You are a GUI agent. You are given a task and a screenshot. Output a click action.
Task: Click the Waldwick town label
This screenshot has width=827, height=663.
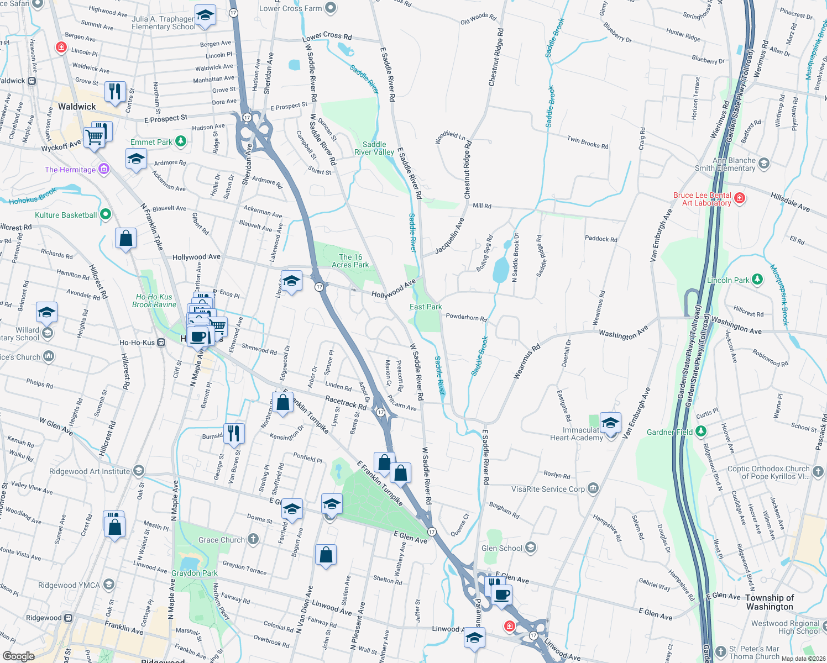pos(77,107)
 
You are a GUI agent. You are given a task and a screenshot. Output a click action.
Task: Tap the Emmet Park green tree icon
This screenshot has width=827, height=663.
pos(181,141)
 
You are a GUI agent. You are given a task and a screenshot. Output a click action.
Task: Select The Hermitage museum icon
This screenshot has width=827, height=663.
pos(104,169)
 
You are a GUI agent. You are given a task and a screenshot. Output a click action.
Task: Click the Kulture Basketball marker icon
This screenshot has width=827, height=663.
pos(106,214)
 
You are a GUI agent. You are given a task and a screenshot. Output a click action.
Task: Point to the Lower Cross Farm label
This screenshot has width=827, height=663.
pos(290,8)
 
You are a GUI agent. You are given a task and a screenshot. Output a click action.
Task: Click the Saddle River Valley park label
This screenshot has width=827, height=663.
pos(374,148)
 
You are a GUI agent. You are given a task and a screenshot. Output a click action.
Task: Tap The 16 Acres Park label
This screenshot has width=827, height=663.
pos(350,261)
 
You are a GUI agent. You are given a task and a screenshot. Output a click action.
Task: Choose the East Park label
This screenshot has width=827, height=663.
pos(426,307)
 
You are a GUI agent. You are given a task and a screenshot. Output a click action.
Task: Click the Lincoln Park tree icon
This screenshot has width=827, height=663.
pos(757,280)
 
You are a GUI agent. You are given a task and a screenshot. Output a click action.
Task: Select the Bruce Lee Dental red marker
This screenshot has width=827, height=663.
pos(740,198)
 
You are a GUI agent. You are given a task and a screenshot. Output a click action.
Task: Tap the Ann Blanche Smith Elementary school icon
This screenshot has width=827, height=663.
pos(764,163)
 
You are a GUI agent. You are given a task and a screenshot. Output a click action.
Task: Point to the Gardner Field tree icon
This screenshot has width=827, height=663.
pos(701,431)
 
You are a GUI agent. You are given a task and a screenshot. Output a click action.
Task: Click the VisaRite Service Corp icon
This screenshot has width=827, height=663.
pos(593,488)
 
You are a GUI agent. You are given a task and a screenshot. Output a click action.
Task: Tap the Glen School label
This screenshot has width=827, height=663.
pos(501,548)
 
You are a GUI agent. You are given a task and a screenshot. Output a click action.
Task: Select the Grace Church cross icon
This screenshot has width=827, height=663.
pos(253,539)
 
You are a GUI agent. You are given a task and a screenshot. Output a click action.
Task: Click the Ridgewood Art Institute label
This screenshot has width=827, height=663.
pos(90,471)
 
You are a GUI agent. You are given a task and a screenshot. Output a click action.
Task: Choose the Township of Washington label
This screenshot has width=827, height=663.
pos(770,602)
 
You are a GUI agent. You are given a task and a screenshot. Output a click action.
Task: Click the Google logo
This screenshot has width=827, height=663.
pos(18,656)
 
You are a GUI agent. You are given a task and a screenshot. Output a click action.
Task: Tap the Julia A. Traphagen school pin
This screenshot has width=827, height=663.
pos(205,16)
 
